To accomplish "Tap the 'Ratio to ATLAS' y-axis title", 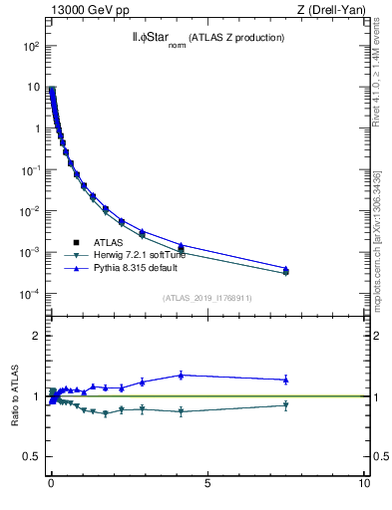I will (16, 396).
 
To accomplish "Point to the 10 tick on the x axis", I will (364, 483).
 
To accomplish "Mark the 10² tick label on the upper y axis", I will (31, 47).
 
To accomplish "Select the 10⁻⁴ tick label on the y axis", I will (31, 294).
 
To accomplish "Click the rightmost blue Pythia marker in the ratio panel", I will (285, 379).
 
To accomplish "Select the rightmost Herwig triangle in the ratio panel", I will (285, 405).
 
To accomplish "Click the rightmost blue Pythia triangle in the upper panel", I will (285, 269).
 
